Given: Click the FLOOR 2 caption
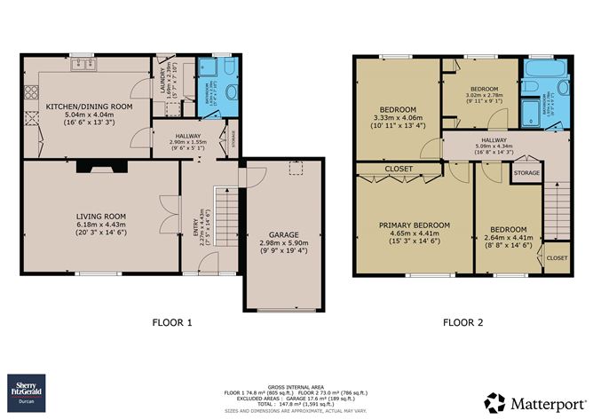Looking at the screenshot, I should coord(463,323).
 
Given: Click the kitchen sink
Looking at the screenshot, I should coord(85,63).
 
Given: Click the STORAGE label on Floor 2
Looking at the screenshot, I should coord(526,173).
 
